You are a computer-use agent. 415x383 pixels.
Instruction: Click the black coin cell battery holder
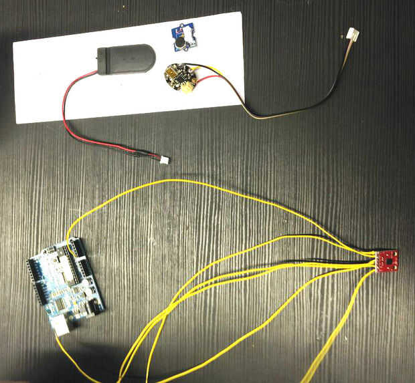[124, 58]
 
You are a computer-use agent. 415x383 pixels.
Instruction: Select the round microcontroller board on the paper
[179, 76]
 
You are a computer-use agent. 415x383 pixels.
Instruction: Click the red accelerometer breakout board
[387, 261]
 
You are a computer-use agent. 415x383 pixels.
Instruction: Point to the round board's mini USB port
[173, 69]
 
